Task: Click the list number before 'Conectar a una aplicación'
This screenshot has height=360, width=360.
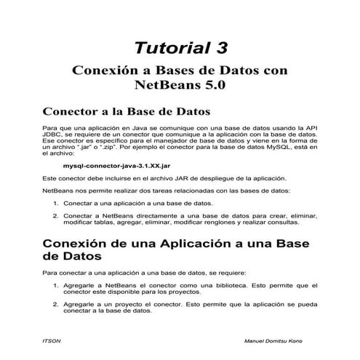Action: click(57, 203)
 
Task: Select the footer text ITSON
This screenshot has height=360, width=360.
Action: click(52, 341)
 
